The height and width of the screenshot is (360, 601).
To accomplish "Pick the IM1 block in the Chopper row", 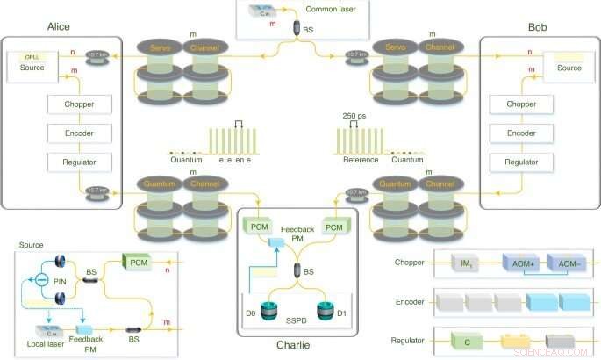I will (x=461, y=262).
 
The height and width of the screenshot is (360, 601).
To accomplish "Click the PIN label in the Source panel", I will (x=59, y=282).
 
